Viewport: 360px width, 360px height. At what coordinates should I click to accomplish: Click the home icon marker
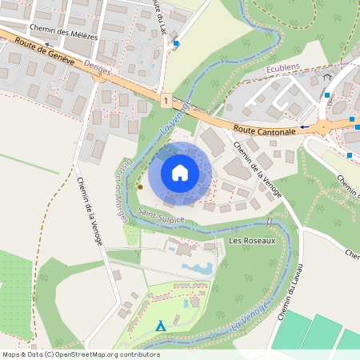click(x=180, y=173)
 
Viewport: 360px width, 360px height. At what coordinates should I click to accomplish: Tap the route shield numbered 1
click(x=164, y=101)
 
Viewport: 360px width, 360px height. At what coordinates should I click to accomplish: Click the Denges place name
click(x=97, y=70)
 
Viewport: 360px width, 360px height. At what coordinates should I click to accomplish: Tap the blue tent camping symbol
click(x=161, y=326)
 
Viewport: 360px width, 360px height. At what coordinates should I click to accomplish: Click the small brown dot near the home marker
click(x=140, y=186)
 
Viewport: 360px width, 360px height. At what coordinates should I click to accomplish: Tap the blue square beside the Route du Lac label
click(x=176, y=43)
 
